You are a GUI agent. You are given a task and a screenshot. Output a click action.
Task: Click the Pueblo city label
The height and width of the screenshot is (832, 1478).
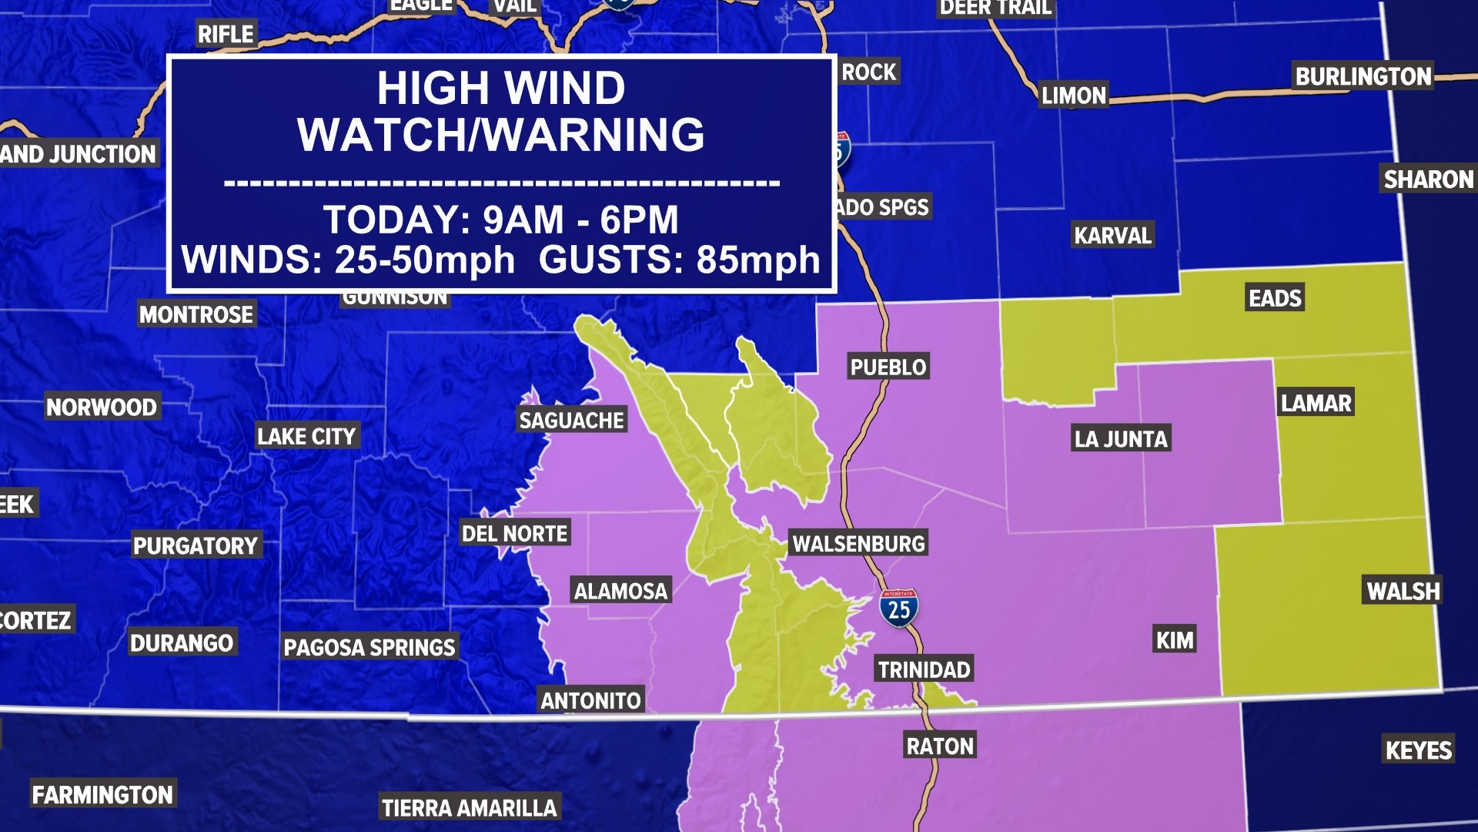(888, 367)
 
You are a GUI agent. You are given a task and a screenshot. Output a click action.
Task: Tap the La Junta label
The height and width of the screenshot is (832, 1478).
(1121, 439)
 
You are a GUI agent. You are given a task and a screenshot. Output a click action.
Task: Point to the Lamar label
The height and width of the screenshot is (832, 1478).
(1316, 403)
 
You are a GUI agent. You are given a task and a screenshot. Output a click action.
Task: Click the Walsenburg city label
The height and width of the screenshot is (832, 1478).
(858, 544)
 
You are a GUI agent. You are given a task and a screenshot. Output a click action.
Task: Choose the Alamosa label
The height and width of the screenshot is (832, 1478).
(620, 591)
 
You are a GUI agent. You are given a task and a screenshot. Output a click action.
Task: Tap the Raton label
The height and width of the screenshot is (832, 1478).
(940, 746)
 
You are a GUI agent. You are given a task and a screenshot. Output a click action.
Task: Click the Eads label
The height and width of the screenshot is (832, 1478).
(1275, 298)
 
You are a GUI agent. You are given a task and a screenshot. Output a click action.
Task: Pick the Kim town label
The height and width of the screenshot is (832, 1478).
(1175, 639)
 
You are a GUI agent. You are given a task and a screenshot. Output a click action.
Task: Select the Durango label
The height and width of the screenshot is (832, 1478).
(182, 642)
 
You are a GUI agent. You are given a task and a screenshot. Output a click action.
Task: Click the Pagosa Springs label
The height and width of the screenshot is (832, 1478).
(369, 647)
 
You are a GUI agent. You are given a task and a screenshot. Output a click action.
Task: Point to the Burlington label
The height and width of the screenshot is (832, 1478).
(1363, 76)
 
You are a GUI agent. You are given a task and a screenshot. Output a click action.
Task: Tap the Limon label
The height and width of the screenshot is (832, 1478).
(1073, 96)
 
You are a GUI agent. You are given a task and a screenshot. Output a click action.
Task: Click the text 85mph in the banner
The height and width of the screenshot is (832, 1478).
(758, 260)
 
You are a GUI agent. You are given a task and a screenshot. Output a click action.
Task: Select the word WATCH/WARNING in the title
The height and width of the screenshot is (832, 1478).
(501, 135)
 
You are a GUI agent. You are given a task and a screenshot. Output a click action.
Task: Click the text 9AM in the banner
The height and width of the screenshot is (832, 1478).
(523, 220)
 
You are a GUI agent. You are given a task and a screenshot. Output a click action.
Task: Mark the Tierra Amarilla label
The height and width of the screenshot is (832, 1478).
(469, 807)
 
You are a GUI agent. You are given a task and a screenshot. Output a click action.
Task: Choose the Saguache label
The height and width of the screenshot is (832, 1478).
(571, 420)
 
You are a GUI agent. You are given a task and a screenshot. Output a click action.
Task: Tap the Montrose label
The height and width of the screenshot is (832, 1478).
(196, 314)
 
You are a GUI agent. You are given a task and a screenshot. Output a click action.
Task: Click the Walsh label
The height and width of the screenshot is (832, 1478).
(1403, 591)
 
